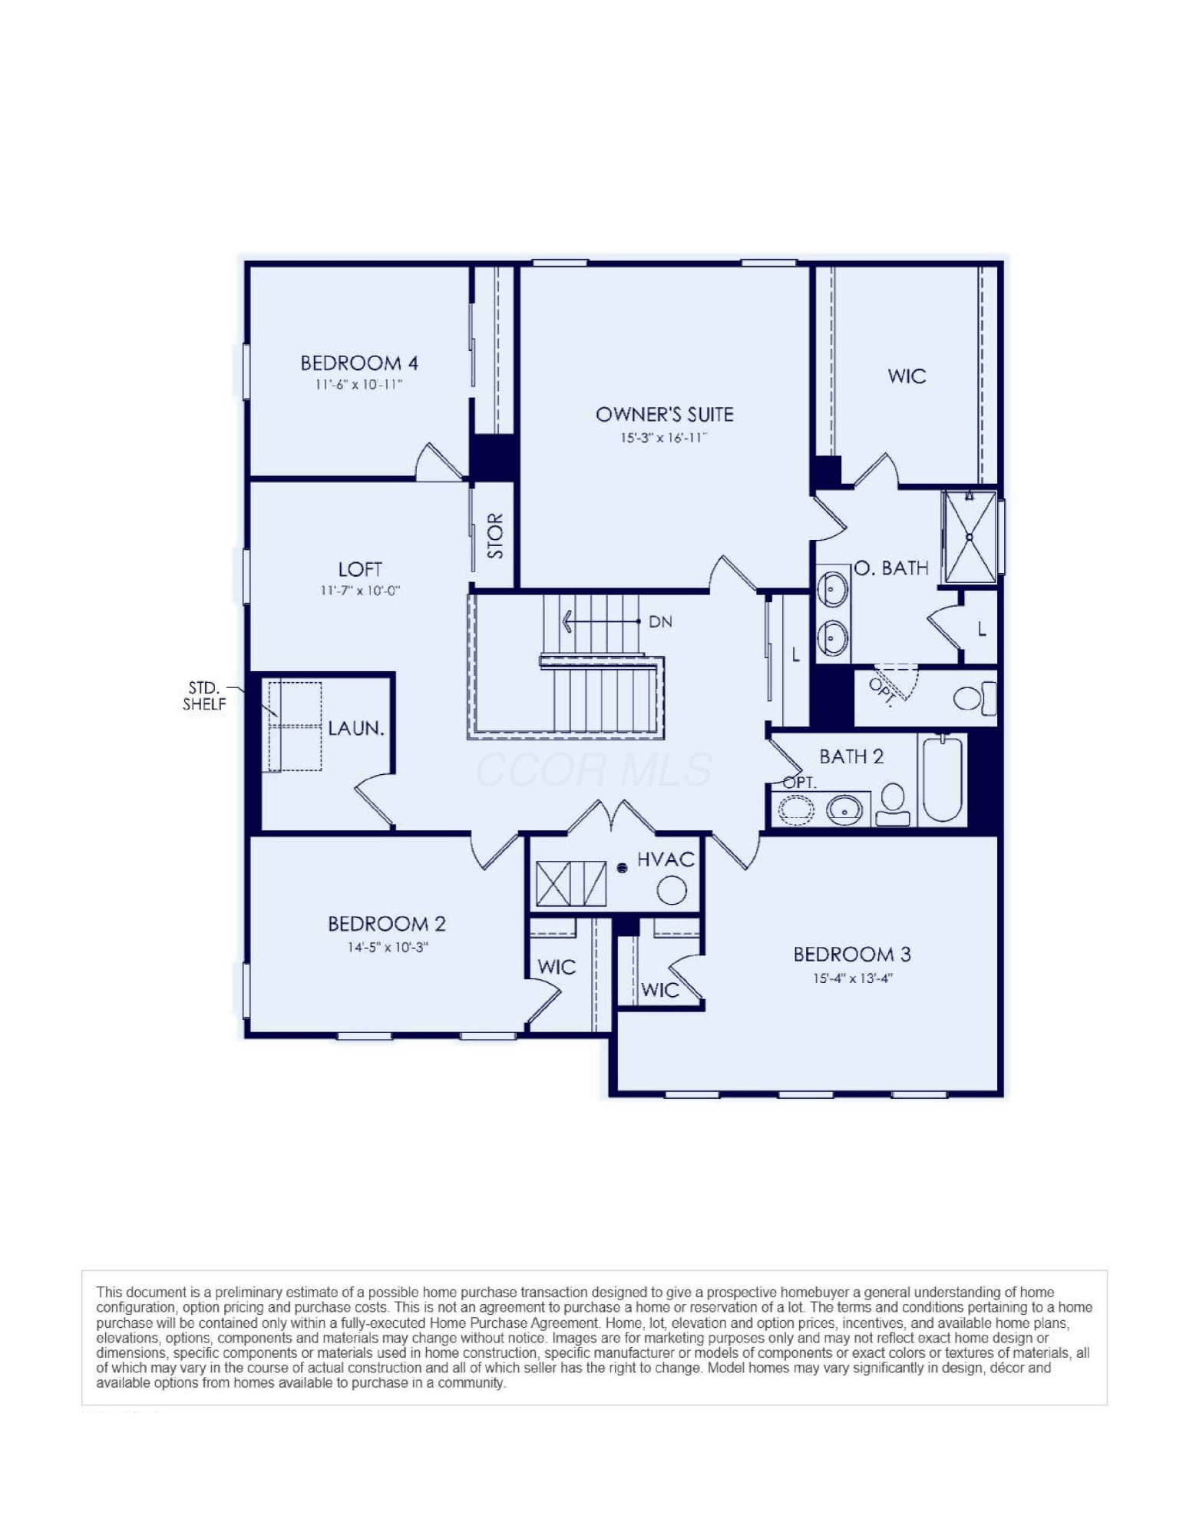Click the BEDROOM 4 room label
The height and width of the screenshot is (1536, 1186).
coord(358,362)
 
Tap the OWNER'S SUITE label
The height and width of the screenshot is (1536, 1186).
coord(664,415)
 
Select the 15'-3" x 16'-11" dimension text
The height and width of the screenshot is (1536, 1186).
coord(663,438)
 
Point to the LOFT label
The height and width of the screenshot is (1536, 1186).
coord(360,569)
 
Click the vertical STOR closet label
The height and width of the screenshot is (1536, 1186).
coord(496,536)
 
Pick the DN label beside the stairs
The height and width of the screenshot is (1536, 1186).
coord(660,621)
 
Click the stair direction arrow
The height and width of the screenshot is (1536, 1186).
coord(601,621)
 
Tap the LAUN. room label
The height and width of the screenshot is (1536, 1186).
coord(356,728)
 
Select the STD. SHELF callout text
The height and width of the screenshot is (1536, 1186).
coord(204,696)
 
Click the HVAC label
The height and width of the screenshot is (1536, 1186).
coord(666,859)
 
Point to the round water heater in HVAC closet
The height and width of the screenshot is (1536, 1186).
coord(672,891)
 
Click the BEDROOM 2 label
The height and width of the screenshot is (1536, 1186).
coord(387,923)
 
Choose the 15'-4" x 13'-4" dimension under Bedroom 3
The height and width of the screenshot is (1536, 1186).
coord(852,978)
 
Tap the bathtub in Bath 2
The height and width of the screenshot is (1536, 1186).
coord(942,778)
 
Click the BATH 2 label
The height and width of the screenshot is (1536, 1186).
coord(851,756)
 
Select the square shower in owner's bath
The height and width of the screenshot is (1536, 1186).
coord(970,537)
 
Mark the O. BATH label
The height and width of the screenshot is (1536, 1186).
coord(891,568)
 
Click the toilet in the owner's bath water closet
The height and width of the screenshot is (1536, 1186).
coord(975,697)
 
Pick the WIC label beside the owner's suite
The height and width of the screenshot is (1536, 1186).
coord(907,376)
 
